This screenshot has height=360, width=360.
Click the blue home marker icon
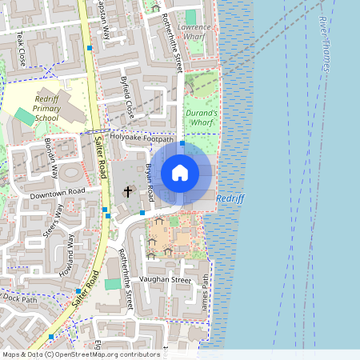coord(180,173)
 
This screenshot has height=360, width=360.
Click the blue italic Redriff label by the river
coord(229,198)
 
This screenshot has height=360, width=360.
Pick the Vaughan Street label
coord(165,281)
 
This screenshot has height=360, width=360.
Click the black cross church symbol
coord(127,192)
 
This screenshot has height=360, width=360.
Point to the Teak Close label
coord(20,50)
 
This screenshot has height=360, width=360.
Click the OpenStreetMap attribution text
coord(80,354)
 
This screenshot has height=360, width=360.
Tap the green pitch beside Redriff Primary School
coord(25,117)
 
